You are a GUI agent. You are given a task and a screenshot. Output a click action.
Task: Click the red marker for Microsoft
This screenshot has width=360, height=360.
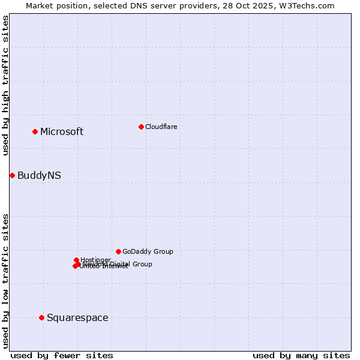35,131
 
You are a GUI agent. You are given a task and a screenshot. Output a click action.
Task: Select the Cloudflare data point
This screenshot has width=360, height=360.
141,127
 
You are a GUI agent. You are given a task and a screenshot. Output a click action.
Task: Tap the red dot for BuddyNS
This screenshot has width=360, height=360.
12,175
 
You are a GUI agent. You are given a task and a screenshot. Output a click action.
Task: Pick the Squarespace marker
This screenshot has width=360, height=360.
41,317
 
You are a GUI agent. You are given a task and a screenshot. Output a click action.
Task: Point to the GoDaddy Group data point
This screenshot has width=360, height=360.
118,251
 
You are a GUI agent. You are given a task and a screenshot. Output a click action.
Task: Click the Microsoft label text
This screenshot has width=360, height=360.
62,132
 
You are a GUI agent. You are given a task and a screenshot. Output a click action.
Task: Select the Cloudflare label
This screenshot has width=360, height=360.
161,127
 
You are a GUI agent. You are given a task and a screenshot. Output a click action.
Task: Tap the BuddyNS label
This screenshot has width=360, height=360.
39,176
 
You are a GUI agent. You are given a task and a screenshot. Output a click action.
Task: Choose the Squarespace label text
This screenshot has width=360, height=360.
77,318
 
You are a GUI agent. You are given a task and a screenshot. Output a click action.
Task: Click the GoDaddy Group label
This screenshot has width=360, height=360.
148,252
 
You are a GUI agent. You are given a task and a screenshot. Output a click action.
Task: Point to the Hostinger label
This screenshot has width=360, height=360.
96,260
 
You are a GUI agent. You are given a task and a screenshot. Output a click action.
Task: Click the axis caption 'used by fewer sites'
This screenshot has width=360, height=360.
62,355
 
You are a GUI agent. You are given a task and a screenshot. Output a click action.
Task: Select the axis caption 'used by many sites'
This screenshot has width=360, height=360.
301,355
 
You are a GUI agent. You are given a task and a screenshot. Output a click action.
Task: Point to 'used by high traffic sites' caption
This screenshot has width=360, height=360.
5,85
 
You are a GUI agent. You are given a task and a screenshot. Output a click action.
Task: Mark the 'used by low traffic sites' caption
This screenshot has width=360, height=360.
5,281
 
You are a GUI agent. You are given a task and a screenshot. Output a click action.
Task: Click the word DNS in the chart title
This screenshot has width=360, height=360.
138,5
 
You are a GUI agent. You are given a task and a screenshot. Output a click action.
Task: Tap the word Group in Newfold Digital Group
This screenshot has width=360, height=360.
142,264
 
